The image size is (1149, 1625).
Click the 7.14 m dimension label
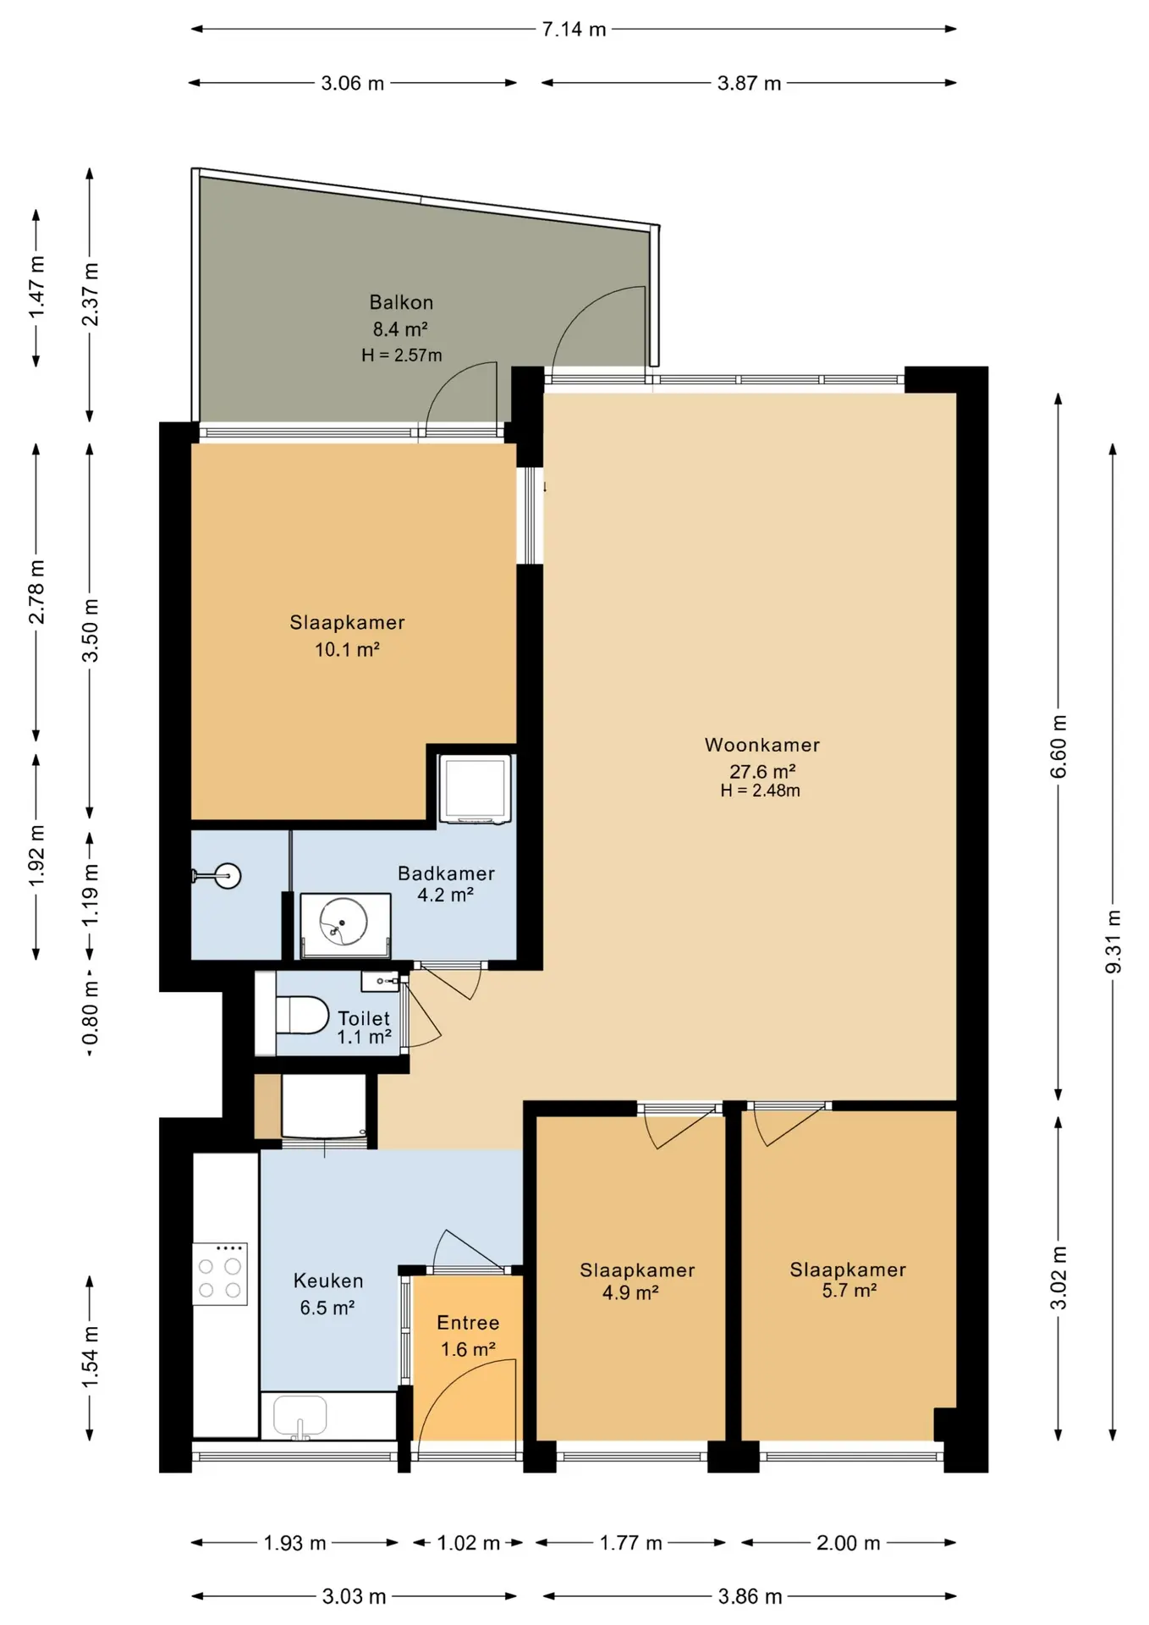pyautogui.click(x=574, y=30)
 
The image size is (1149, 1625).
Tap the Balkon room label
pyautogui.click(x=401, y=302)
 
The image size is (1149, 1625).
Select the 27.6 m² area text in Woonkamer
pyautogui.click(x=762, y=771)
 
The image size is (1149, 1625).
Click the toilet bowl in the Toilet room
pyautogui.click(x=302, y=1015)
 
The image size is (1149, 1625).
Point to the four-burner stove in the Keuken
pyautogui.click(x=220, y=1274)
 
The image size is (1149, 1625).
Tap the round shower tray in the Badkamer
pyautogui.click(x=345, y=923)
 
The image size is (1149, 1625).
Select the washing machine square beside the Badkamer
pyautogui.click(x=475, y=789)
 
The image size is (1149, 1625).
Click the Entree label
pyautogui.click(x=468, y=1322)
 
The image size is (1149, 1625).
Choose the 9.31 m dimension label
pyautogui.click(x=1113, y=942)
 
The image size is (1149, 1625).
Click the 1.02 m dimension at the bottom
pyautogui.click(x=468, y=1543)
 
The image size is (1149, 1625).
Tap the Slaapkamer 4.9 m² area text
pyautogui.click(x=630, y=1292)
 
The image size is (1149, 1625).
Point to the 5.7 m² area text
pyautogui.click(x=849, y=1291)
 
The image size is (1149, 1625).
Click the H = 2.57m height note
pyautogui.click(x=402, y=355)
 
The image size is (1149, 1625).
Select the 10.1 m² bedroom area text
pyautogui.click(x=347, y=650)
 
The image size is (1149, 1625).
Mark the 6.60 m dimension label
pyautogui.click(x=1058, y=746)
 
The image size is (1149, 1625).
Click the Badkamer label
pyautogui.click(x=446, y=873)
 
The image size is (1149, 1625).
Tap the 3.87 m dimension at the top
pyautogui.click(x=749, y=83)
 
